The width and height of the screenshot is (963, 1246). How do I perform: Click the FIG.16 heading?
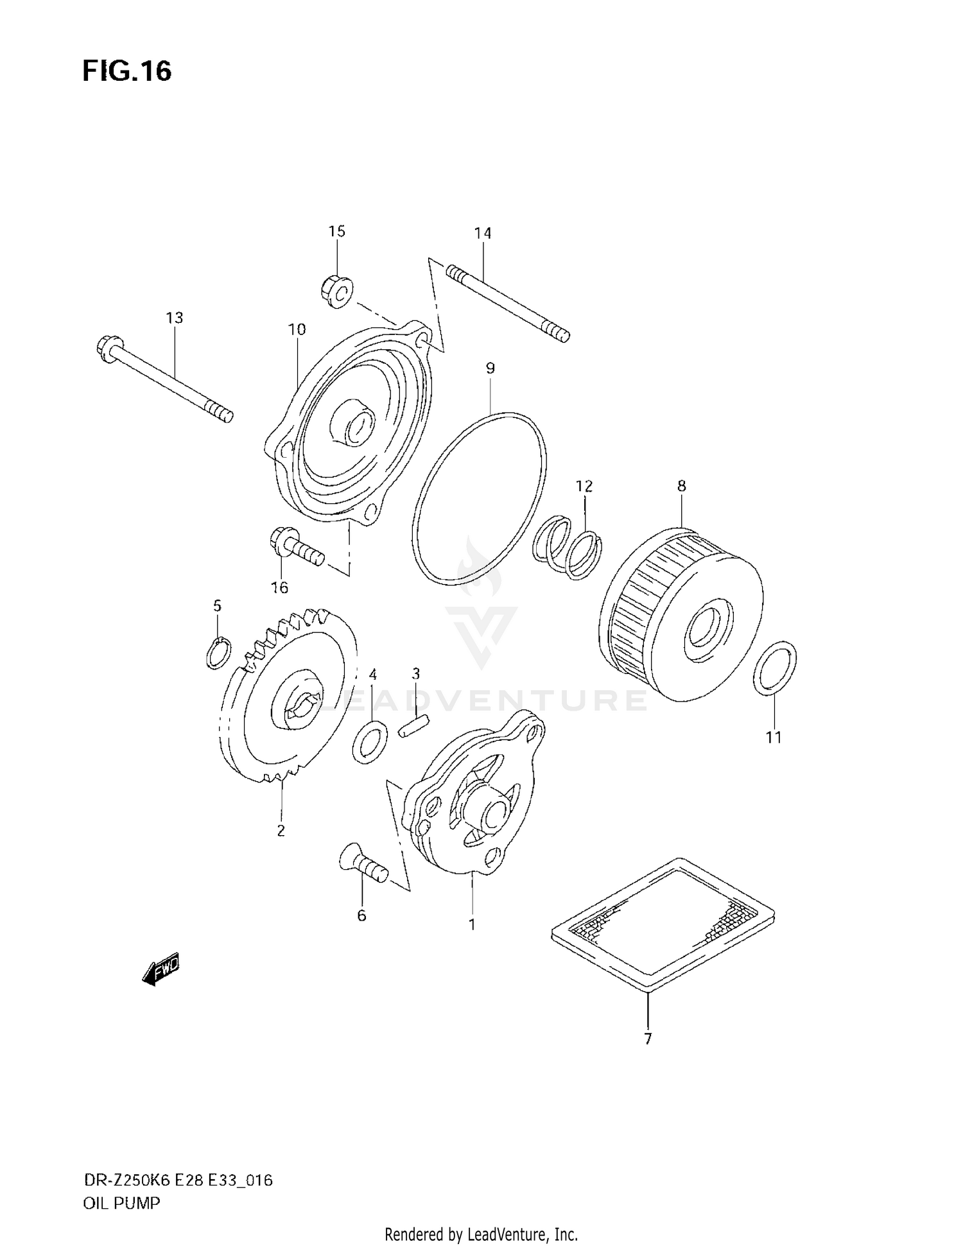[126, 71]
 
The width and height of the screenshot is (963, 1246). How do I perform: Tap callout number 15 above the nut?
[337, 231]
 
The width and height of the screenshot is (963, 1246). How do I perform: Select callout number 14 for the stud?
[483, 233]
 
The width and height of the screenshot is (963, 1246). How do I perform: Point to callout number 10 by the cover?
[297, 330]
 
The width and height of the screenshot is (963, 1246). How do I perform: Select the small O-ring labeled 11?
[775, 668]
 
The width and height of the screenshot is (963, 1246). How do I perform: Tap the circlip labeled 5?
[218, 653]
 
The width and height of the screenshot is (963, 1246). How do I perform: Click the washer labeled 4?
[370, 742]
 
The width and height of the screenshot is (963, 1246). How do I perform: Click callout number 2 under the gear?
[281, 831]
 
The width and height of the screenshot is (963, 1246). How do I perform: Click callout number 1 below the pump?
[472, 925]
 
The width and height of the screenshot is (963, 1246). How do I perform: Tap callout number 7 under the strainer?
[648, 1039]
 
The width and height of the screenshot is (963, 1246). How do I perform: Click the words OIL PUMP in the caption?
[121, 1204]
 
